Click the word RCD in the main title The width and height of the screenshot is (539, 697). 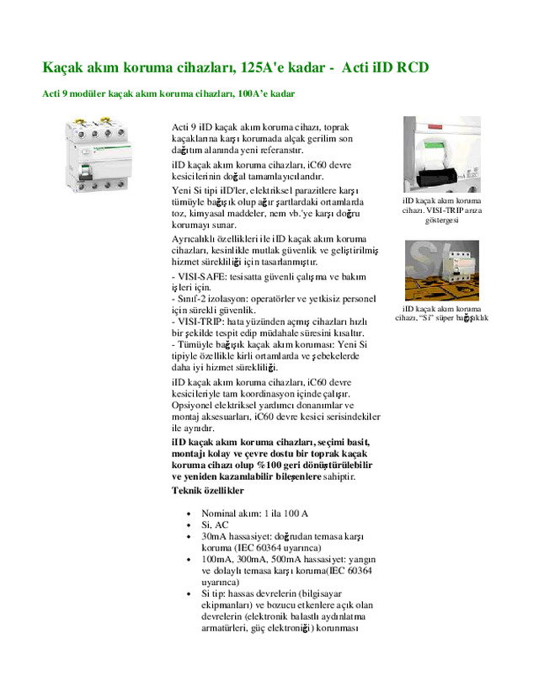[x=418, y=66]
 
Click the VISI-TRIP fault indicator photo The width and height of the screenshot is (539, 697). [x=441, y=155]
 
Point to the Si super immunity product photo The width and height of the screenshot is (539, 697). [x=441, y=270]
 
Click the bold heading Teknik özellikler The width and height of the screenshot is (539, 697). [x=208, y=490]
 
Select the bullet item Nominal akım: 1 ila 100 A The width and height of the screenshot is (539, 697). [x=254, y=513]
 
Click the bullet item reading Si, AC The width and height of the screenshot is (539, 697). [x=215, y=524]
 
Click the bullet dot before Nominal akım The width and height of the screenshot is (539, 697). [x=188, y=513]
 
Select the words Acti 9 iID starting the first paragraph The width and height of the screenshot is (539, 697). [x=192, y=126]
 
